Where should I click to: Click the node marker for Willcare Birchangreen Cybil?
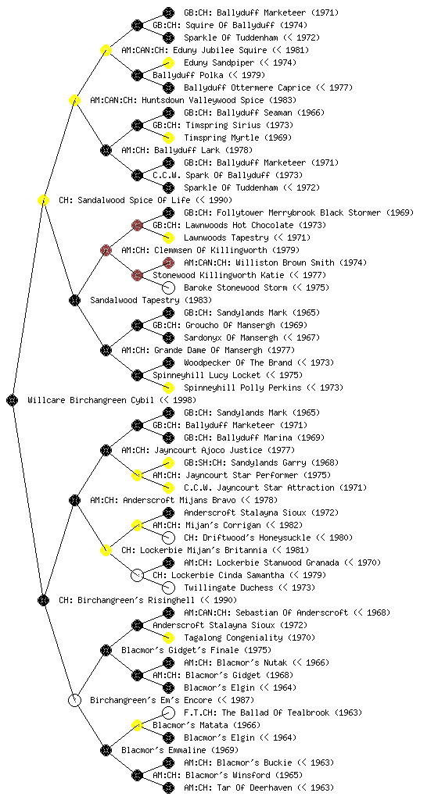click(x=13, y=400)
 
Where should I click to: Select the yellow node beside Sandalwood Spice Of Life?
click(x=43, y=200)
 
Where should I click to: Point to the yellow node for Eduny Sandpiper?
click(x=168, y=62)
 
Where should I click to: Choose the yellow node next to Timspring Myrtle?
click(x=168, y=137)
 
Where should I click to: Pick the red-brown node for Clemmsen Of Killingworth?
click(x=106, y=250)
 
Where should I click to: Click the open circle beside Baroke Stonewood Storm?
click(x=168, y=287)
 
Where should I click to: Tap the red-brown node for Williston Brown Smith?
click(x=168, y=262)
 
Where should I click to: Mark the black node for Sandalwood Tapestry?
click(x=74, y=300)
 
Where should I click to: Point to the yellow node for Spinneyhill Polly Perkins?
click(x=168, y=387)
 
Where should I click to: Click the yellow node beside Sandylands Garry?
click(x=168, y=462)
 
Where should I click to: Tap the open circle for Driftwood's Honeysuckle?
click(x=168, y=537)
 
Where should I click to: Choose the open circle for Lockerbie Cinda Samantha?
click(x=137, y=576)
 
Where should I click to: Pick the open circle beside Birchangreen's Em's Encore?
click(x=74, y=700)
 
